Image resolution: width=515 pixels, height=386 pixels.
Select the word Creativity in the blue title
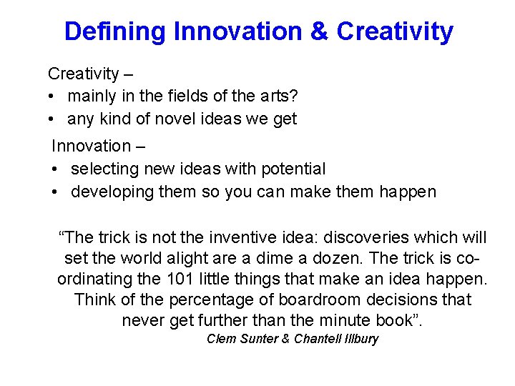[x=394, y=31]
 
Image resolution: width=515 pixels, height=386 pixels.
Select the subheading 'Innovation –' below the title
[x=98, y=146]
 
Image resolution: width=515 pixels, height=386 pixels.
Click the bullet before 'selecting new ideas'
[x=56, y=169]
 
